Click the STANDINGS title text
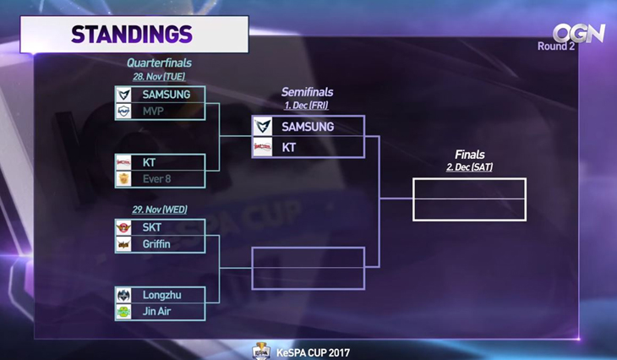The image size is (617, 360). pyautogui.click(x=132, y=35)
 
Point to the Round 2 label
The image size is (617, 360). pyautogui.click(x=556, y=46)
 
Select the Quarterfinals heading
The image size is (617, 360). pyautogui.click(x=159, y=63)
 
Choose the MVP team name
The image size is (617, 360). pyautogui.click(x=155, y=111)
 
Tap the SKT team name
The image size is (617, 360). pyautogui.click(x=152, y=227)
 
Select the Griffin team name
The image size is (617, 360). pyautogui.click(x=156, y=244)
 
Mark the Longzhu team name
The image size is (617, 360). pyautogui.click(x=161, y=295)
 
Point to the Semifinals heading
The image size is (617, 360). pyautogui.click(x=307, y=92)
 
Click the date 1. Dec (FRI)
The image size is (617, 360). pyautogui.click(x=306, y=106)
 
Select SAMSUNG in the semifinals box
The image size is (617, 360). pyautogui.click(x=308, y=127)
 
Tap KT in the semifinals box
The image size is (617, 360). pyautogui.click(x=289, y=147)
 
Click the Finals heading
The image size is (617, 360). pyautogui.click(x=469, y=155)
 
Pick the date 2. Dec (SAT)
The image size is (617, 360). pyautogui.click(x=469, y=167)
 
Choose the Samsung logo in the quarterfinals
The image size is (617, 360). pyautogui.click(x=124, y=95)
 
